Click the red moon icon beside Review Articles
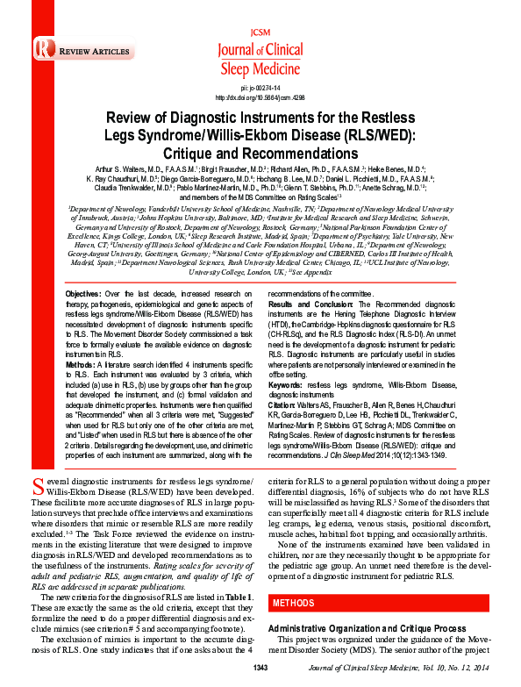point(42,53)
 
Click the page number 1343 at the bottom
point(259,669)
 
